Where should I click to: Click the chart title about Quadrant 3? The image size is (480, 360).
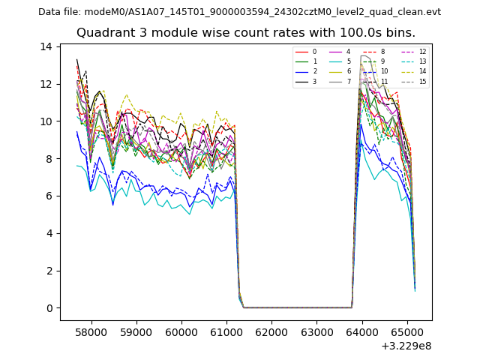click(246, 33)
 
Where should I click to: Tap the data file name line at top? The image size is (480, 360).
click(240, 12)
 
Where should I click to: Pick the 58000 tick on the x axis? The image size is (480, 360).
click(92, 331)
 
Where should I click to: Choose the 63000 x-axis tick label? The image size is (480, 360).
click(316, 331)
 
